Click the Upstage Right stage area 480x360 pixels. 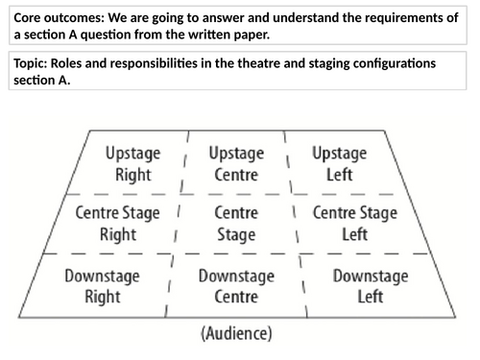[133, 164]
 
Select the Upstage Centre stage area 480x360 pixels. [235, 164]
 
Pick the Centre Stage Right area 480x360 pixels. [118, 224]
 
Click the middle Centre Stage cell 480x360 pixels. [235, 224]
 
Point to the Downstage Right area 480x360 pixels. [102, 286]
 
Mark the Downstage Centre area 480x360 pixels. [235, 286]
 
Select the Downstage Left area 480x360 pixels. [370, 286]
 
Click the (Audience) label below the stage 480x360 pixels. [236, 335]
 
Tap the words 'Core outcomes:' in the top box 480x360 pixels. [58, 18]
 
